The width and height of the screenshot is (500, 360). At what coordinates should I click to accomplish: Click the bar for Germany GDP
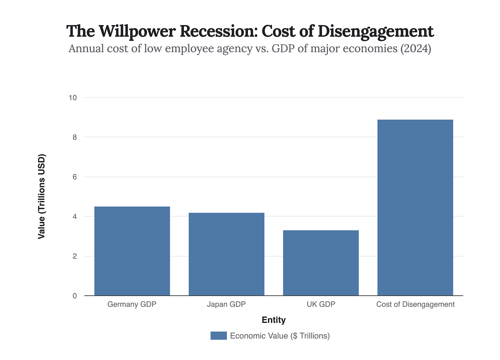(132, 251)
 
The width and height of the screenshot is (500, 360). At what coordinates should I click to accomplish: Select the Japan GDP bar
(226, 254)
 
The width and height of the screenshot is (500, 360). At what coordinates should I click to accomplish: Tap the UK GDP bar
(321, 263)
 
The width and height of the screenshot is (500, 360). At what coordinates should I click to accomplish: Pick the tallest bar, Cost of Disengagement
(415, 207)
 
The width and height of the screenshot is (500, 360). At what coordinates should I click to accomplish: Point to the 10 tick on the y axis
(72, 98)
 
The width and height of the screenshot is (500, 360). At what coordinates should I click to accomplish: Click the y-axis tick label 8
(75, 137)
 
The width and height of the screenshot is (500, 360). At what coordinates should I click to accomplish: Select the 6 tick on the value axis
(75, 177)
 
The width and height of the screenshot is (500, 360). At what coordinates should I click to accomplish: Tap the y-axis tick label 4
(75, 216)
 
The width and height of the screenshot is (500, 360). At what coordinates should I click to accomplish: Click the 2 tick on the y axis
(75, 256)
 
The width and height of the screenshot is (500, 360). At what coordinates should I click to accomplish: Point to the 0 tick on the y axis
(75, 296)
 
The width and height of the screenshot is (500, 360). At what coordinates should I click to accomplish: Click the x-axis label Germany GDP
(132, 304)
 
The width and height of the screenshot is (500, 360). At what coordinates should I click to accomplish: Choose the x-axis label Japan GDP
(226, 304)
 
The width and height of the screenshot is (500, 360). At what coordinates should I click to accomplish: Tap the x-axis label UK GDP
(321, 304)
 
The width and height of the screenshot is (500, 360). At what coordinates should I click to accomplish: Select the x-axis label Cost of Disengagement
(415, 304)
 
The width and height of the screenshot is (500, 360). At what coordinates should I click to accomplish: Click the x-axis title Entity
(273, 320)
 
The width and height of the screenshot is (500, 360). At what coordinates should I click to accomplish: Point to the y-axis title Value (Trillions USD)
(42, 196)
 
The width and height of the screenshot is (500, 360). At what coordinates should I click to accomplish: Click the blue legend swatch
(218, 336)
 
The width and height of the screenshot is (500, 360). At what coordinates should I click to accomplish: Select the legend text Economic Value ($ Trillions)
(280, 336)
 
